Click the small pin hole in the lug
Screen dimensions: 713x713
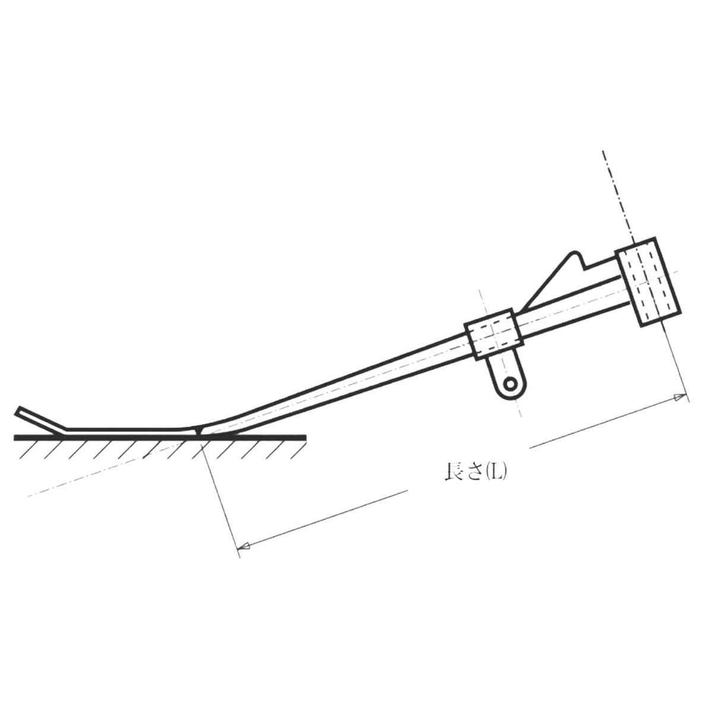[510, 384]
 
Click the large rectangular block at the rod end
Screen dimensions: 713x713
[648, 282]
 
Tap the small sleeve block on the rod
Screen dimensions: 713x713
[494, 334]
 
